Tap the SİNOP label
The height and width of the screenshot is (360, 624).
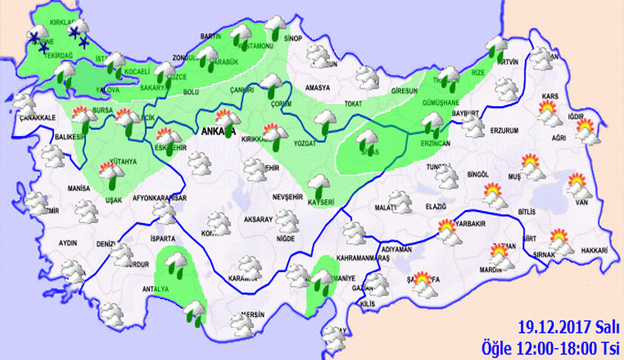[292, 39]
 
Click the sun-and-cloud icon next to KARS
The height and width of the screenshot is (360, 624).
[548, 111]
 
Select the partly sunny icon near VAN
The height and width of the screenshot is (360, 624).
[577, 188]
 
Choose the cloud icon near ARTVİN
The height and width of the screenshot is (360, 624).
[497, 48]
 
